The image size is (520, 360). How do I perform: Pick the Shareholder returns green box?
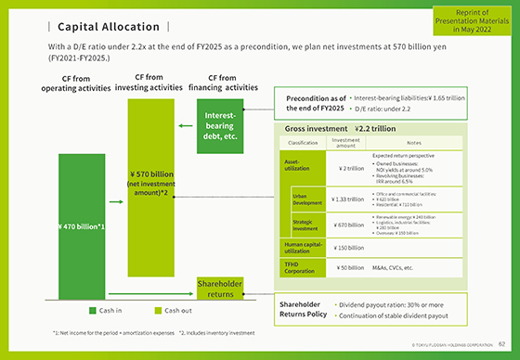tap(219, 289)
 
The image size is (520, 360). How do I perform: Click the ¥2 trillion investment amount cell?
tap(345, 168)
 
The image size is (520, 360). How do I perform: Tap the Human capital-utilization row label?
tap(300, 248)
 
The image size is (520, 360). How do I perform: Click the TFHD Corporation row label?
tap(300, 267)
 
